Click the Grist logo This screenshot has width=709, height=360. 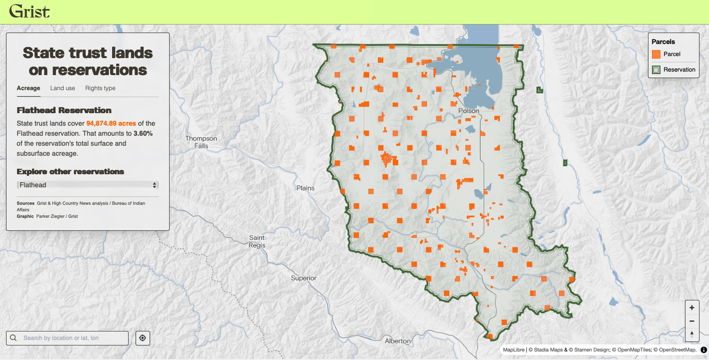(30, 11)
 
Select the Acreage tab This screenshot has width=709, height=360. (29, 88)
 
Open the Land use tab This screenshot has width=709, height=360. (63, 88)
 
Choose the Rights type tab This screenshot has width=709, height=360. (100, 88)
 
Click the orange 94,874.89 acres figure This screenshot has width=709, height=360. (111, 123)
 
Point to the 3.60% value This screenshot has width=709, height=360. (143, 133)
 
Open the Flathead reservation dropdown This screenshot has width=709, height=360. (88, 185)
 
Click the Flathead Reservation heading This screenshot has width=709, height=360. (64, 110)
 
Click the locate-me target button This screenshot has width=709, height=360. (143, 338)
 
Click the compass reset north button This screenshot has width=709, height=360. (692, 333)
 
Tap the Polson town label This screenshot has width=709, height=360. (469, 111)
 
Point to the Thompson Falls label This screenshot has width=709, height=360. (201, 142)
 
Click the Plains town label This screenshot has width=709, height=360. (305, 188)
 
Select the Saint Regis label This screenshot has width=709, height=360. (257, 241)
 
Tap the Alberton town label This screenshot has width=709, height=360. (398, 341)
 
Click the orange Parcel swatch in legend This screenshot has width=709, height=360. (656, 54)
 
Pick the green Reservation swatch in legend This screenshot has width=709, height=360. (656, 70)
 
